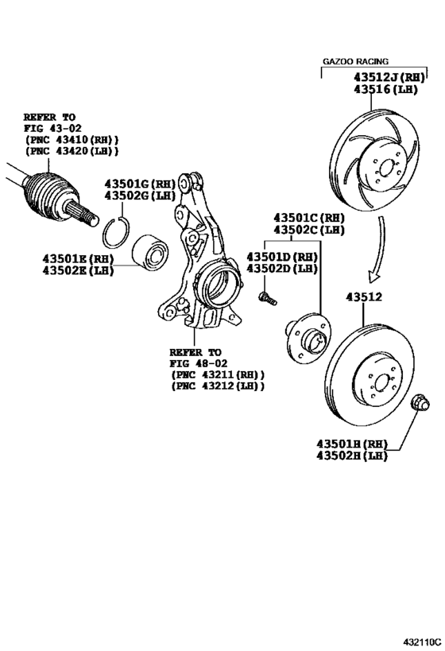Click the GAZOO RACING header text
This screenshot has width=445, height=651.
tap(355, 61)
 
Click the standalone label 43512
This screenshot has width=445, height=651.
tap(363, 298)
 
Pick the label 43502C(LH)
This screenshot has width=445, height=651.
tap(309, 229)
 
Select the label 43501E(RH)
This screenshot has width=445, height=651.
tap(79, 258)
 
